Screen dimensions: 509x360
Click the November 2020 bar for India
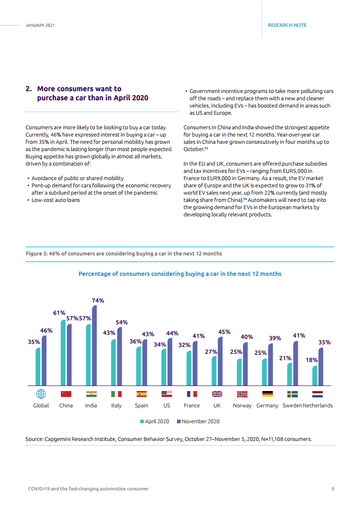tap(94, 345)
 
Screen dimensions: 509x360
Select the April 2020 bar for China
tap(63, 352)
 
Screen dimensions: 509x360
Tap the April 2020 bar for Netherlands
tap(315, 376)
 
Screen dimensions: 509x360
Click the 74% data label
tap(98, 300)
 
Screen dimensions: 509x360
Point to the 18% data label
tap(311, 360)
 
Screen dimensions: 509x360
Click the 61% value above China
tap(59, 313)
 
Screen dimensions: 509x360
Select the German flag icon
tap(267, 394)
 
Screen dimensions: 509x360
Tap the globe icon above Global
tap(41, 394)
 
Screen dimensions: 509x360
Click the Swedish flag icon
tap(292, 394)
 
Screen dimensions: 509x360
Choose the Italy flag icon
tap(116, 394)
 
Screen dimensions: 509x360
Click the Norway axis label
tap(242, 406)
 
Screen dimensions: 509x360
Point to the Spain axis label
tap(141, 406)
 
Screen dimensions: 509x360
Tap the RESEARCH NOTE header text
tap(287, 25)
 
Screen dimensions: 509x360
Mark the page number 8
tap(333, 489)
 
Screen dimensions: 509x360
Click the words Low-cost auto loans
tap(55, 200)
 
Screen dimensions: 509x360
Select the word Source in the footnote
tap(34, 439)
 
